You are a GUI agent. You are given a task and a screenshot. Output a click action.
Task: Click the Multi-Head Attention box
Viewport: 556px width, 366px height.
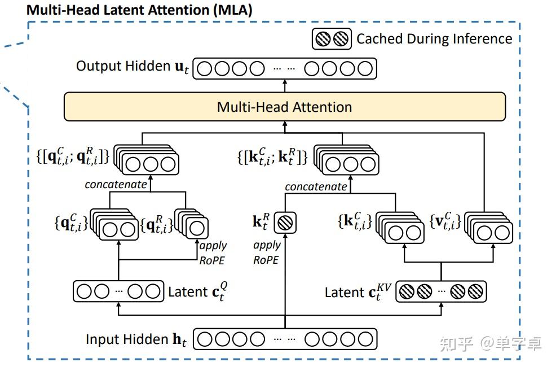pos(285,107)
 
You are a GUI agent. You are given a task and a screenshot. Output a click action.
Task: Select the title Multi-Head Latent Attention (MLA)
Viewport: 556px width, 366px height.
pos(139,10)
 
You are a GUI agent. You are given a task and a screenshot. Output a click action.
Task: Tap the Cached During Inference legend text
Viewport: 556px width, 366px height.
pos(434,39)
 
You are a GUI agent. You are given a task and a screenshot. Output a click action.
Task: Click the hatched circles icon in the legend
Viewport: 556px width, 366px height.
pos(332,39)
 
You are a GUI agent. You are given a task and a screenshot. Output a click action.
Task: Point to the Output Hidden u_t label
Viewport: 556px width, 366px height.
pos(133,67)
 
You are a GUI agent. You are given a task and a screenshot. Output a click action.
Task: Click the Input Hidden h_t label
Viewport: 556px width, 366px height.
pos(136,339)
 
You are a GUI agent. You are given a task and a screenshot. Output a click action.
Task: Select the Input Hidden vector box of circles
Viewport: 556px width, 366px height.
pos(285,339)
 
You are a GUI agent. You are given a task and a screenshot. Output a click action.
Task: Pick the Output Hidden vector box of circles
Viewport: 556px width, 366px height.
pos(285,68)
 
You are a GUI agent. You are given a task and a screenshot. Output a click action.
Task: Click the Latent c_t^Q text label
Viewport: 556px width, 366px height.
pos(198,291)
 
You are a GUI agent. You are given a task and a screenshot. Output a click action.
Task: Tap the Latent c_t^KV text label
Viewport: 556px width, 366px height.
pos(358,292)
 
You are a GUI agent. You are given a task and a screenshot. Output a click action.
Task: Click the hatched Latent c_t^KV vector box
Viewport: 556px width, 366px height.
pos(441,292)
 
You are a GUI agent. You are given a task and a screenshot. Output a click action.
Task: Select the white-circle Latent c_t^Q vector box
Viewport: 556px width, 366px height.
pos(118,291)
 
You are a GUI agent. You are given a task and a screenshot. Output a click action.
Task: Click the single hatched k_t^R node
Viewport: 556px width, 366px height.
pos(285,223)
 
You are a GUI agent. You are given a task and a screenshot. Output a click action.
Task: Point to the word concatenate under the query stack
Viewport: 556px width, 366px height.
pos(116,185)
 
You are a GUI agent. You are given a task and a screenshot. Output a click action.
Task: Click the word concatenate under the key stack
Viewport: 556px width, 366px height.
pos(316,186)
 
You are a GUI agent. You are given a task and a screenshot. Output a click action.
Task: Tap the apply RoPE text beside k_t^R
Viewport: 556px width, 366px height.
pos(267,252)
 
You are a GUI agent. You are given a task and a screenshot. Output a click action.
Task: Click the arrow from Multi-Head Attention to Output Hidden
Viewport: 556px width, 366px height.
pos(285,86)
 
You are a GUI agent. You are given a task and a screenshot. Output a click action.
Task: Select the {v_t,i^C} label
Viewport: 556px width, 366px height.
pos(445,221)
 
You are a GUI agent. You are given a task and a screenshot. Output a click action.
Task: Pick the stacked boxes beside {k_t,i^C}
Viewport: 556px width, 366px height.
pos(400,228)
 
